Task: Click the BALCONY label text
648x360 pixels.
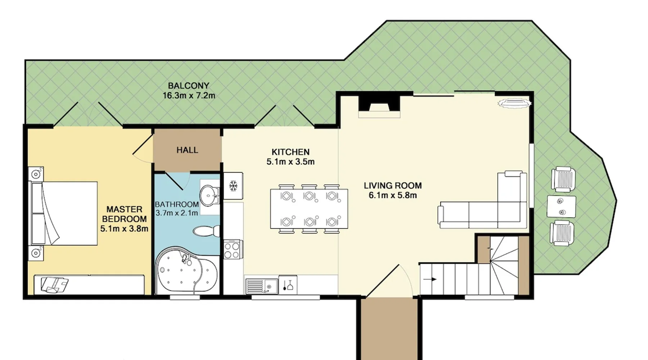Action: [x=189, y=86]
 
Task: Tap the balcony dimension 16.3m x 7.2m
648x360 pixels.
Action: [x=189, y=96]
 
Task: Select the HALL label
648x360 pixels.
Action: [x=187, y=150]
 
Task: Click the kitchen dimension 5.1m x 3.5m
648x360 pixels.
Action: [x=291, y=162]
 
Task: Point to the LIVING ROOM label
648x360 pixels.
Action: [x=393, y=186]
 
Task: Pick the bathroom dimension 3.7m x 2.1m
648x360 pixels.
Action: [x=177, y=213]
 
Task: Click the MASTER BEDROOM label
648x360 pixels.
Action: [x=124, y=214]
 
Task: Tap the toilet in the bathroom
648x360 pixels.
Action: [x=206, y=231]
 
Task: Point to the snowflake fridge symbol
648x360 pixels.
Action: [x=233, y=186]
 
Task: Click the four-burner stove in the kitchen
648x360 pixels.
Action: [x=232, y=249]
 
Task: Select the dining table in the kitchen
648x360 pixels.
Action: [x=309, y=209]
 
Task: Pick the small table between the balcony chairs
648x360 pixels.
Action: [x=561, y=207]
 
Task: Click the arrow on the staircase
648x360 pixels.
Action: [x=430, y=279]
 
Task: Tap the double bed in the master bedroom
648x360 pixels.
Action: [x=64, y=213]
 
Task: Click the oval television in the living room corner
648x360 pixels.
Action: [x=515, y=104]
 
